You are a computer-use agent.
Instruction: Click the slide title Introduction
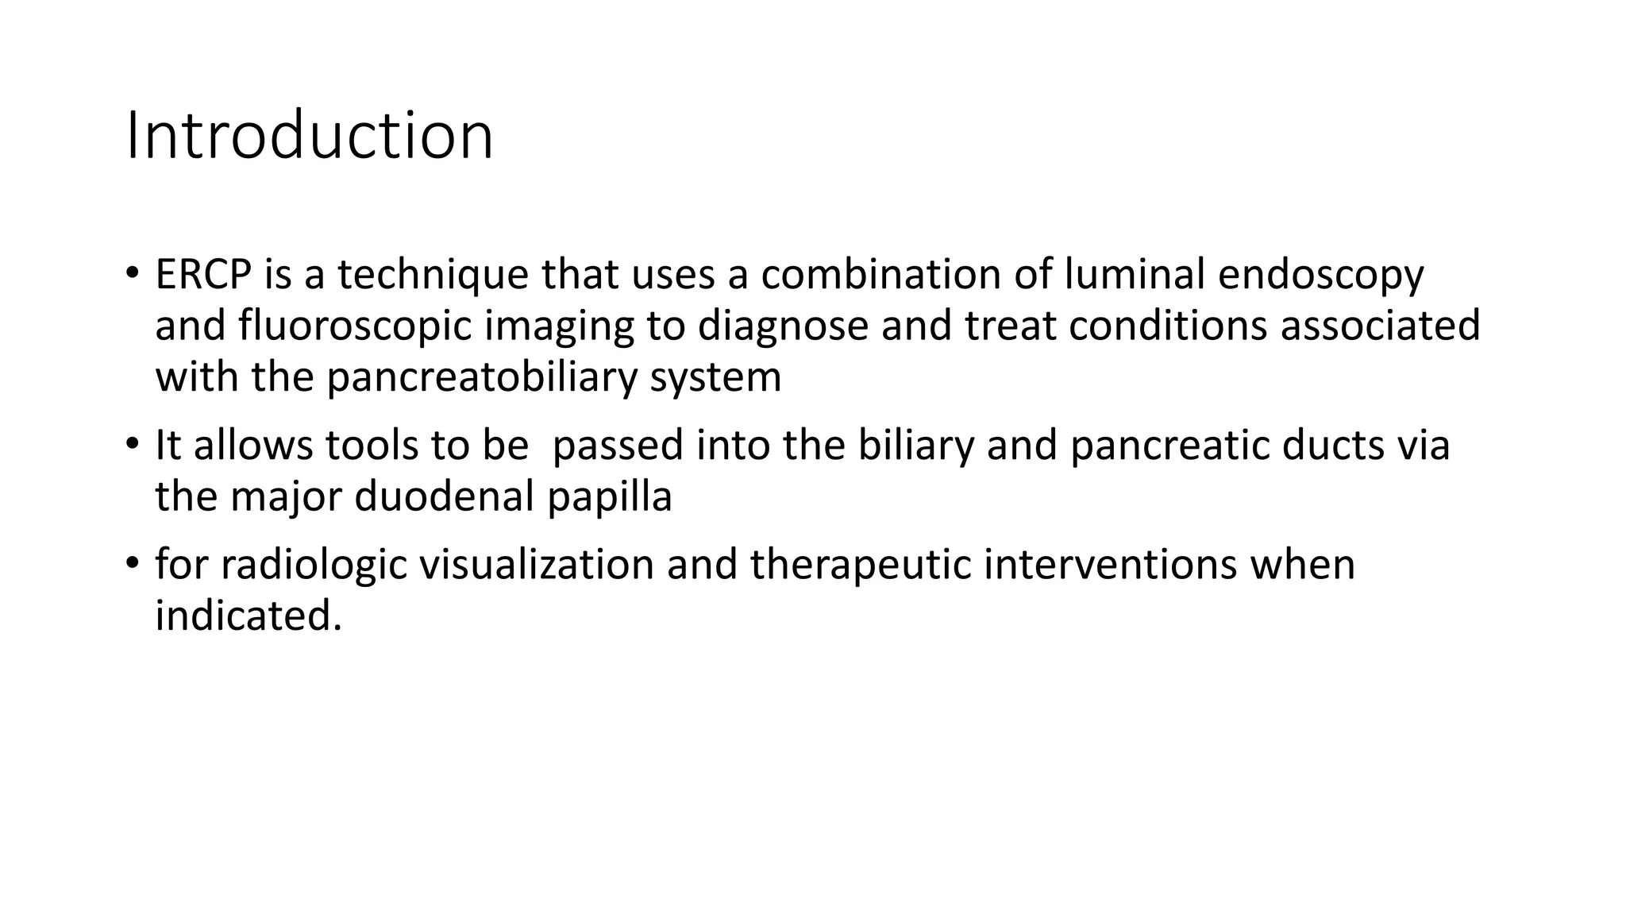tap(310, 136)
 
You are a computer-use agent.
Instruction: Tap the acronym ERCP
tap(203, 275)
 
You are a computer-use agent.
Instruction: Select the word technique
tap(433, 275)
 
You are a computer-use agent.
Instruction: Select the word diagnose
tap(783, 326)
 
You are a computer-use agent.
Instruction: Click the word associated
tap(1380, 326)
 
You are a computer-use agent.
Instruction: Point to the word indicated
tap(248, 616)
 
